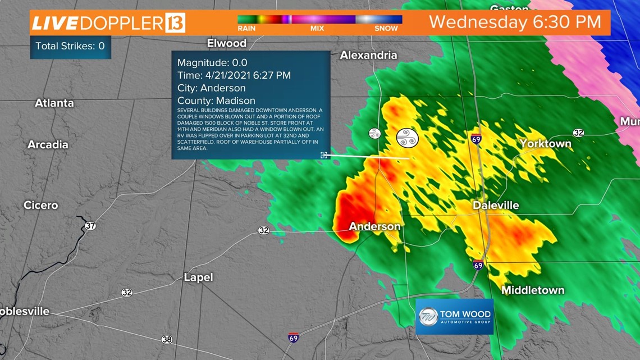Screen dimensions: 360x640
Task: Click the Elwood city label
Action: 226,43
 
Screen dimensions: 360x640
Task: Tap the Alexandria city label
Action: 368,55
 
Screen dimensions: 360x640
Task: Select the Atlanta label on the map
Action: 54,103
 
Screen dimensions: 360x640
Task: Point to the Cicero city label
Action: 40,205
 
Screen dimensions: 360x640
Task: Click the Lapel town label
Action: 198,277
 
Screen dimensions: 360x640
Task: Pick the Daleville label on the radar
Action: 496,206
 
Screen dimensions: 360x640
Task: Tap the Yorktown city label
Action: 545,144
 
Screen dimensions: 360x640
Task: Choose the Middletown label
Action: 533,290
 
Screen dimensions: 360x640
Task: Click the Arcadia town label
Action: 48,144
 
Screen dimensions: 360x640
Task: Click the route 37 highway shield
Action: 90,226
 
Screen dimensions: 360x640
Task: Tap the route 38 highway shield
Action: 167,339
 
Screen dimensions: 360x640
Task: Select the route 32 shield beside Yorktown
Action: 579,133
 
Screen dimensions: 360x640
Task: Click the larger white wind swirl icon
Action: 408,138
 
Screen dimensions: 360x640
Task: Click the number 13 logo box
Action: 175,23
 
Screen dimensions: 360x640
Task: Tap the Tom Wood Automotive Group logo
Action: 454,317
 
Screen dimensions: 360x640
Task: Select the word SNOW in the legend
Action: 387,28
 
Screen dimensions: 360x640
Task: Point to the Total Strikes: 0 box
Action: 70,46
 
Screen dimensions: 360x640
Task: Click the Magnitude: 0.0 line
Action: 212,62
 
